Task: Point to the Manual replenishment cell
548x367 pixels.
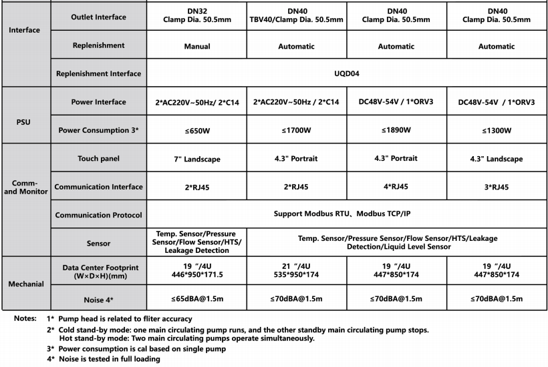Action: (196, 47)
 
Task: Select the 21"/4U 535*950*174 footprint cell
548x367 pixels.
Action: (297, 270)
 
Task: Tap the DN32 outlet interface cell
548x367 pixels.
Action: (196, 15)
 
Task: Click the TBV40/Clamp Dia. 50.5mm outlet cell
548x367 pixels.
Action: (297, 15)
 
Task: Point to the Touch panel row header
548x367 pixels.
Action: (98, 159)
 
